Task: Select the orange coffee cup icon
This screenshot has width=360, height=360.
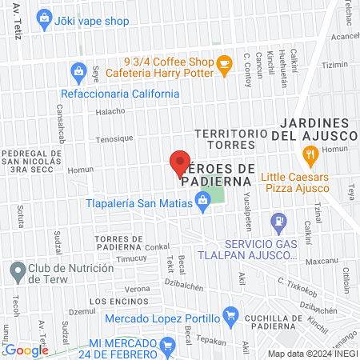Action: pos(224,62)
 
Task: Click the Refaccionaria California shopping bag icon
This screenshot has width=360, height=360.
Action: pos(78,72)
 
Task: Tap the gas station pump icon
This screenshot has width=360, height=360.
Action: pos(278,220)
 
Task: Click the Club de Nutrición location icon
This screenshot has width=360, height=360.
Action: pos(17,271)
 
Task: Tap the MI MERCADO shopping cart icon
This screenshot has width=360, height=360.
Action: pos(167,346)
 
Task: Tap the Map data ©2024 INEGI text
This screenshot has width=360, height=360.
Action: pos(312,353)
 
